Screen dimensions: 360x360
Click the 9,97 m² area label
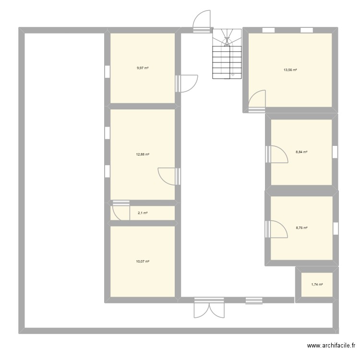point(143,68)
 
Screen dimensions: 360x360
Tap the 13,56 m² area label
point(290,70)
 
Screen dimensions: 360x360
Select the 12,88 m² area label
point(143,155)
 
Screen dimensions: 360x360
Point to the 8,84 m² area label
point(301,152)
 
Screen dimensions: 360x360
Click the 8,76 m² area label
point(301,228)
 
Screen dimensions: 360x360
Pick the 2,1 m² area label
point(143,213)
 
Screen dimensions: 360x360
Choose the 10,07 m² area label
point(143,262)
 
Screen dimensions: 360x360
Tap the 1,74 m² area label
point(317,285)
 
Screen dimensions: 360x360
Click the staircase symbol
point(227,54)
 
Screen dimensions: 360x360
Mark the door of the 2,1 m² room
point(121,211)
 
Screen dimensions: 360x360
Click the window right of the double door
point(254,300)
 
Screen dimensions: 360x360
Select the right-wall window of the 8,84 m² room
point(335,151)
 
